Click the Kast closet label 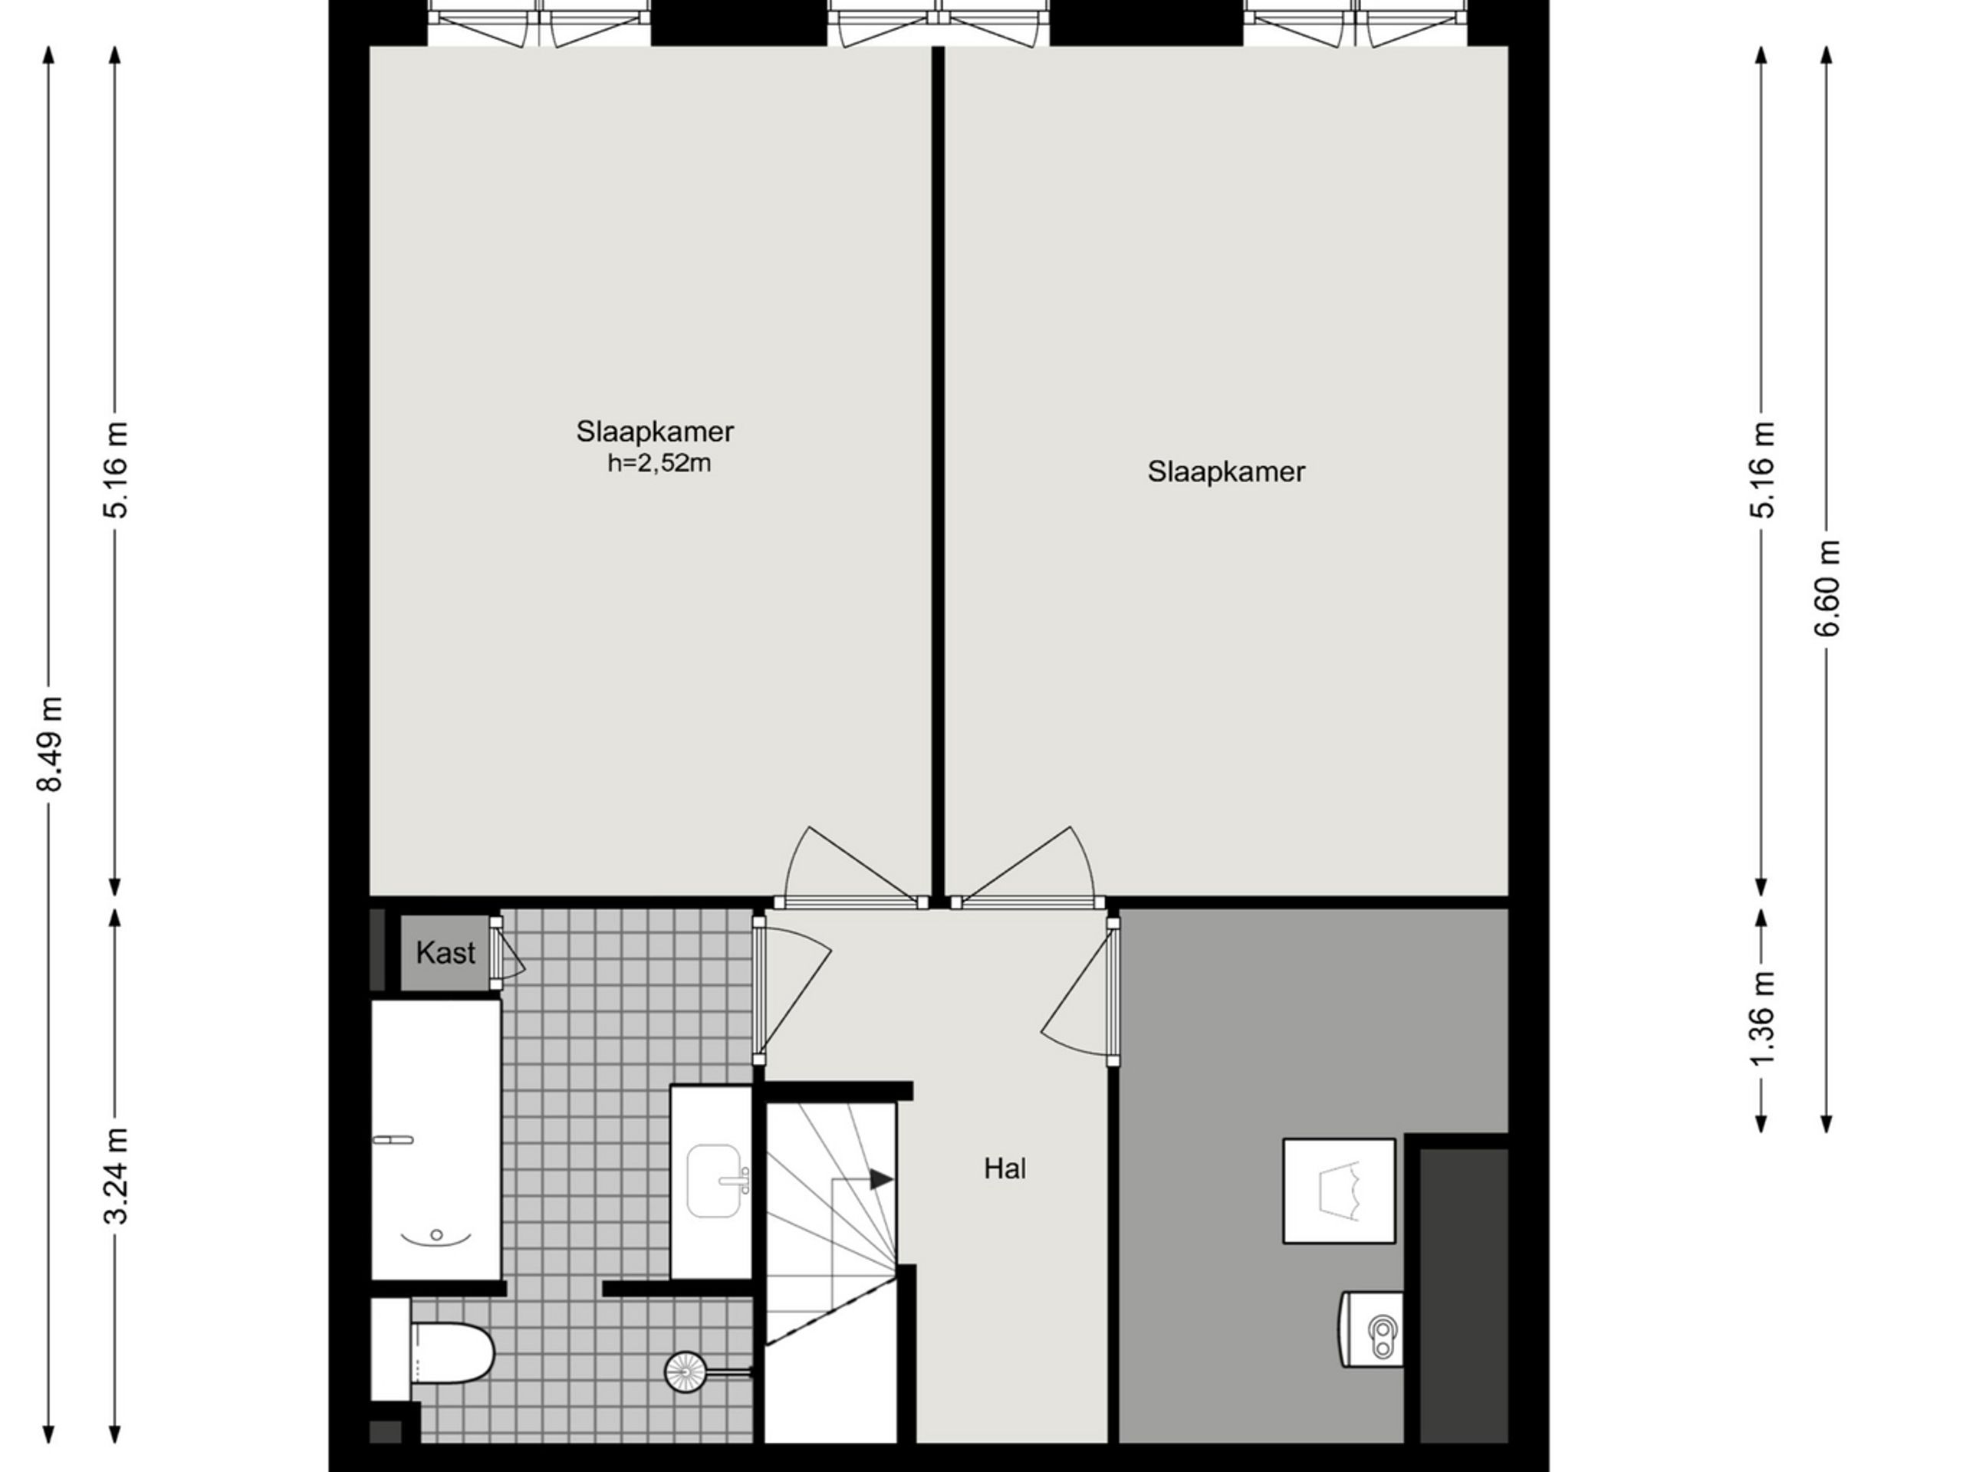(446, 953)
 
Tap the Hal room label (1005, 1168)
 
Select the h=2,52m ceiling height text (659, 463)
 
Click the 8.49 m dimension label (50, 744)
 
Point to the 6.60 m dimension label (1827, 588)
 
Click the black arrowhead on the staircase (881, 1179)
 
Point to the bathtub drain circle (436, 1234)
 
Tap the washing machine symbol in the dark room (1339, 1191)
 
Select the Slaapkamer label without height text (1226, 472)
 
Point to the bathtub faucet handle (394, 1139)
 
